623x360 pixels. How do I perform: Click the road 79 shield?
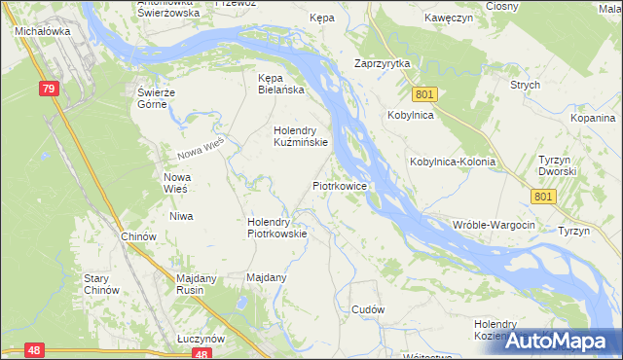click(x=50, y=89)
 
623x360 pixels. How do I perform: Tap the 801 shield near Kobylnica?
click(x=423, y=94)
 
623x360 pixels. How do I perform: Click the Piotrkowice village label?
click(x=339, y=184)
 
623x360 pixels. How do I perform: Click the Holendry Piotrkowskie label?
click(x=277, y=227)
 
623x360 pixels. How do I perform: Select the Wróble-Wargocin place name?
click(x=495, y=225)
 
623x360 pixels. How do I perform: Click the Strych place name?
click(x=525, y=85)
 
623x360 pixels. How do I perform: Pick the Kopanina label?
click(x=594, y=117)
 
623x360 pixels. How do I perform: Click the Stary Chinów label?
click(x=101, y=284)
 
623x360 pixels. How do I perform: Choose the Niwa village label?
click(x=181, y=216)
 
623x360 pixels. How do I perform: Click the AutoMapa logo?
click(x=559, y=341)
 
